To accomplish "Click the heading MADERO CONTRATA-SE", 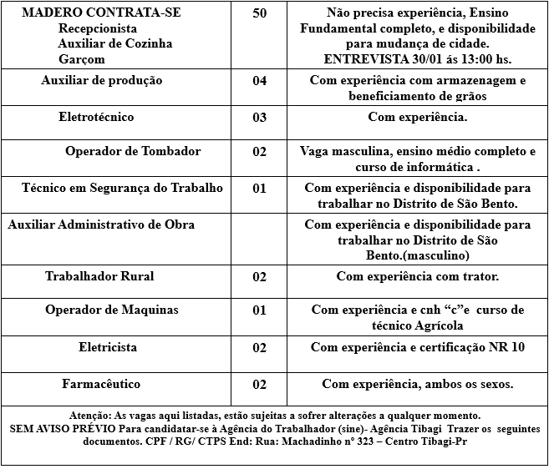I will [x=100, y=13].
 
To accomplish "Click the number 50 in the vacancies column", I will [x=259, y=14].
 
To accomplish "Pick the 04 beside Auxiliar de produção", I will [x=259, y=82].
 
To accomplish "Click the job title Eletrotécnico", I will [x=96, y=117].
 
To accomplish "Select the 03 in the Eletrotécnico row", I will [x=259, y=118].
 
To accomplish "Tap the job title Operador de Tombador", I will [x=133, y=151].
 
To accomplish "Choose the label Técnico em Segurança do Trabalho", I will [x=122, y=188].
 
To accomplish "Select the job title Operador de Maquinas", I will [x=112, y=310].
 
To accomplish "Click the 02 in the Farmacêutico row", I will [x=259, y=385].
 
